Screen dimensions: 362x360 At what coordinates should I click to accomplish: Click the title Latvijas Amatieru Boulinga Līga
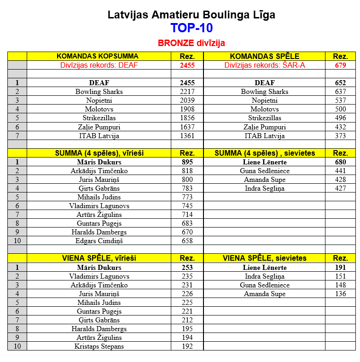[x=191, y=15]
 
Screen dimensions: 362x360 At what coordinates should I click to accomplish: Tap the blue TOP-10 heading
[x=191, y=28]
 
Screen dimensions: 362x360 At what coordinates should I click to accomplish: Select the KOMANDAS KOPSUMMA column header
[x=97, y=56]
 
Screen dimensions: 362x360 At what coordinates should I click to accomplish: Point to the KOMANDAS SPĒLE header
[x=264, y=56]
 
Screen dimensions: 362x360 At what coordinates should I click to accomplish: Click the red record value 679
[x=340, y=65]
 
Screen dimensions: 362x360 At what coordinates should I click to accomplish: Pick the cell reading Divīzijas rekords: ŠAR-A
[x=264, y=65]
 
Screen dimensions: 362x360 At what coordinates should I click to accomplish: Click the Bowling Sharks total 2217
[x=187, y=92]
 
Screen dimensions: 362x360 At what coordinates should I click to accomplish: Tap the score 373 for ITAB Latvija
[x=340, y=136]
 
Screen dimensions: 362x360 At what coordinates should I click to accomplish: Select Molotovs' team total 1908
[x=187, y=109]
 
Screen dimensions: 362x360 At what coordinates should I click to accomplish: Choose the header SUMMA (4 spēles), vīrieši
[x=98, y=153]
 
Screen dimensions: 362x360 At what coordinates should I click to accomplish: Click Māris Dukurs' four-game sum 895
[x=187, y=162]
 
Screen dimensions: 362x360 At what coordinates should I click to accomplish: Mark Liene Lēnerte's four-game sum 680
[x=340, y=162]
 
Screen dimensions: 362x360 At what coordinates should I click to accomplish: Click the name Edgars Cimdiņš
[x=99, y=241]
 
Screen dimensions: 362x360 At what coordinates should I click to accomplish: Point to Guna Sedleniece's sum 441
[x=340, y=171]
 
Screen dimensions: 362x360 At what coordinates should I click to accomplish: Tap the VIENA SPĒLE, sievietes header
[x=264, y=258]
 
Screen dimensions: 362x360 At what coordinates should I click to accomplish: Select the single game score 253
[x=187, y=268]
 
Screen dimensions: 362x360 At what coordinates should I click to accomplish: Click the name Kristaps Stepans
[x=99, y=346]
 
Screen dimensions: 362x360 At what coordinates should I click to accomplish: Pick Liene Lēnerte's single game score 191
[x=340, y=268]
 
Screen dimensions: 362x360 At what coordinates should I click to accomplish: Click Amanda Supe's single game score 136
[x=340, y=294]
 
